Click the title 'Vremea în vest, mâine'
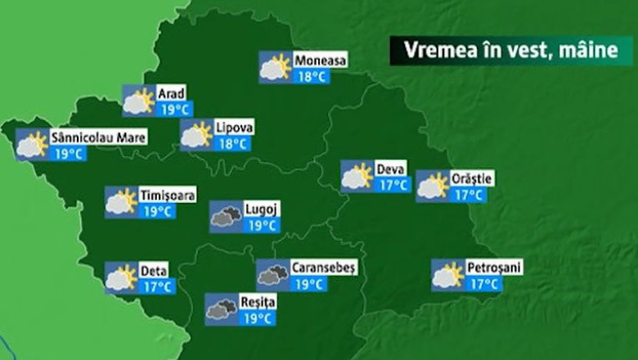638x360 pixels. pos(510,51)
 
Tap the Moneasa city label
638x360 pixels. pos(320,61)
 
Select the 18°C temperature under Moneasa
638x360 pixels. pos(312,77)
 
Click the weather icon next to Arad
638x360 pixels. pos(138,101)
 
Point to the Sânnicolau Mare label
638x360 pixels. pos(97,137)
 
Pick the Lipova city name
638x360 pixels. pos(234,128)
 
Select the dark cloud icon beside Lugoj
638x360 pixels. pos(226,217)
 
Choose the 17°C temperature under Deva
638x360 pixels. pos(393,185)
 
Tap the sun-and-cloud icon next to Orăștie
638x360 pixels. pos(432,186)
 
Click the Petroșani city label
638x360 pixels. pos(493,268)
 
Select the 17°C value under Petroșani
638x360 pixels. pos(483,284)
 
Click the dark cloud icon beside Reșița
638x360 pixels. pos(221,309)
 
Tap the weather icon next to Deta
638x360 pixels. pos(121,277)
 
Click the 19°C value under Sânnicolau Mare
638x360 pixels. pos(68,153)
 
